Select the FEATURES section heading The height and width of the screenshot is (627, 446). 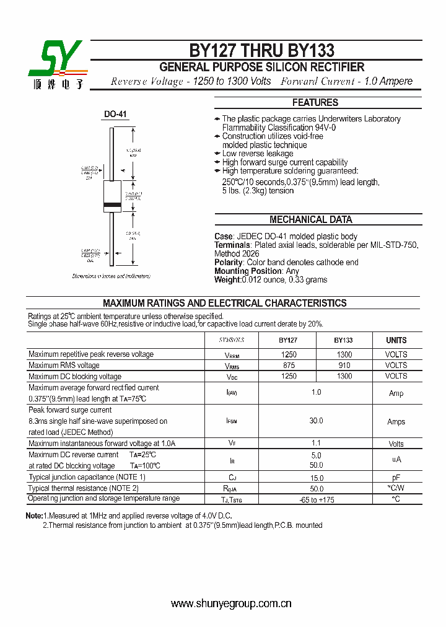pos(315,103)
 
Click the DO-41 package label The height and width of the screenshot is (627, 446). pos(115,115)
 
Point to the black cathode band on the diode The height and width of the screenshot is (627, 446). pos(112,204)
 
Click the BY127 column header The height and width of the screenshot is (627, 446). pos(288,340)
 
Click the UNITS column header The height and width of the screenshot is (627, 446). pos(396,340)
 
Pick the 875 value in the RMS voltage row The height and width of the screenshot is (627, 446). pos(289,366)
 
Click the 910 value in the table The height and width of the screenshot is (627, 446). pos(344,366)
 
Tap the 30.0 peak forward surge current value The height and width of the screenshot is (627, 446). pos(316,421)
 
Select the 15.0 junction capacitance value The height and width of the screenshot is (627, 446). pos(316,478)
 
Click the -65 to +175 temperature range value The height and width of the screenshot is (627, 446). pos(316,499)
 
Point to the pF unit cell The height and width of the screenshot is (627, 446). pos(396,478)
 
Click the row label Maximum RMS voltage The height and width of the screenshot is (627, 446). pos(64,366)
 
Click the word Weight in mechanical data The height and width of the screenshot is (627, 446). pos(227,279)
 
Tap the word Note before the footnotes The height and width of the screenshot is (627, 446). pos(33,515)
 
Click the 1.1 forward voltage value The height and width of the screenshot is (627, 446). pos(316,444)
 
